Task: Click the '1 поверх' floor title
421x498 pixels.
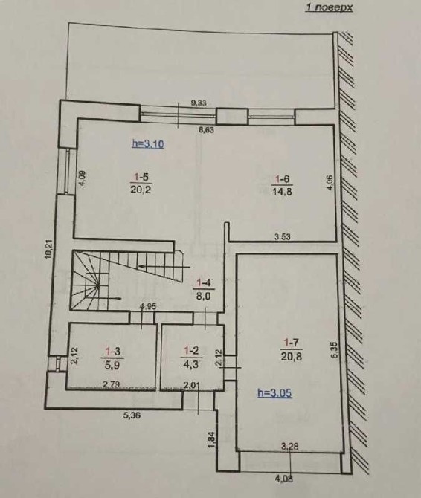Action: (330, 7)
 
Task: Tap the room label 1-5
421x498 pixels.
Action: (141, 177)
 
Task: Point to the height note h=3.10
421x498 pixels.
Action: (148, 144)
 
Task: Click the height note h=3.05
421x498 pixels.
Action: (274, 393)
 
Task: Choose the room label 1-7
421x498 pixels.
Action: (291, 343)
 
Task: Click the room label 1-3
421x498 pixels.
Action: (113, 351)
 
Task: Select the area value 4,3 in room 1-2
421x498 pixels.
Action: (191, 364)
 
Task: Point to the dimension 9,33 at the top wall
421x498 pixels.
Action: (199, 103)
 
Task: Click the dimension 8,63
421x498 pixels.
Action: (207, 129)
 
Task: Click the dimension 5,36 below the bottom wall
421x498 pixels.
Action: (131, 415)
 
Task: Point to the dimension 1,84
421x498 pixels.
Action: (213, 440)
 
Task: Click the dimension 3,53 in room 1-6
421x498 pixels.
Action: (282, 236)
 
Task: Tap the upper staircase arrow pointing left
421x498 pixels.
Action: (164, 266)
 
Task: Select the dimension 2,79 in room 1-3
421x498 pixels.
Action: (111, 385)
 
